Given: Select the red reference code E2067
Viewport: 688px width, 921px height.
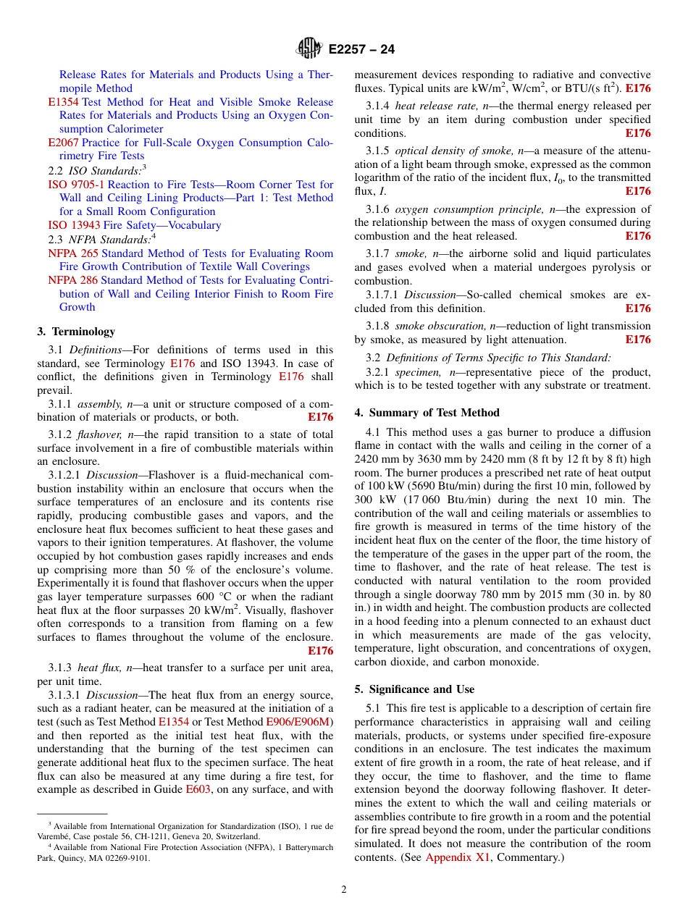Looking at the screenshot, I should (x=63, y=143).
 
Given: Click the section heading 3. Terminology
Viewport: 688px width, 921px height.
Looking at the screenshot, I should (x=76, y=332).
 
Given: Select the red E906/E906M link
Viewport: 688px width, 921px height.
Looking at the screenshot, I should (x=298, y=722).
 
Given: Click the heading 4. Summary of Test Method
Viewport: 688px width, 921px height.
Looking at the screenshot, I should (x=427, y=413).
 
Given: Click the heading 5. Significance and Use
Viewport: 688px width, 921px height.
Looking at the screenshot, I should (x=414, y=689).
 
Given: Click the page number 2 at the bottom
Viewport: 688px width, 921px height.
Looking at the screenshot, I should (x=344, y=890).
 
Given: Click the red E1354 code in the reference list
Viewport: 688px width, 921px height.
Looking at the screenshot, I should (x=63, y=102).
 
